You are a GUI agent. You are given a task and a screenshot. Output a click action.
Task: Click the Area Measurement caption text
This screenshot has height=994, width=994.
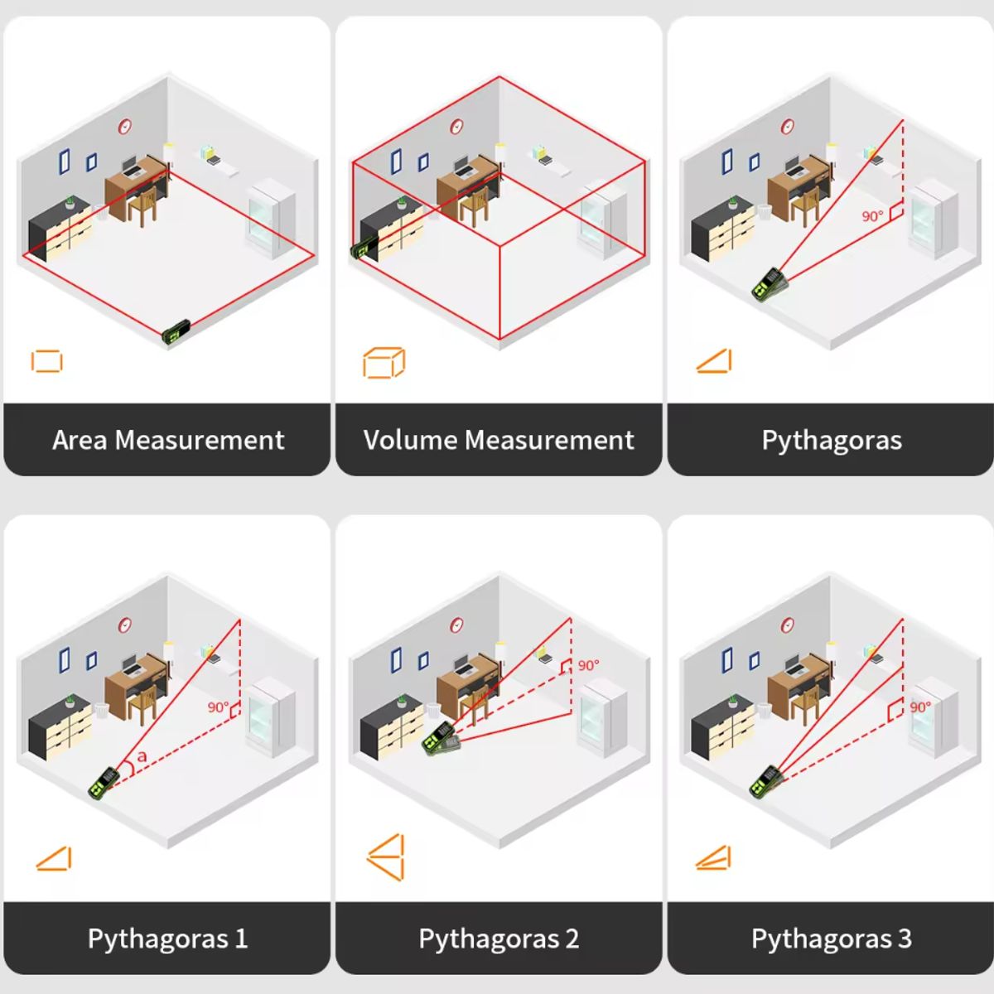pos(168,440)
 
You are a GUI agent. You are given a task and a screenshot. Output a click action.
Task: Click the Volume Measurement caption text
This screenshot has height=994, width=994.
pos(499,440)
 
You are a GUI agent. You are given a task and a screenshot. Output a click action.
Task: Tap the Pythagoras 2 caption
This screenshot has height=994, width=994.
pos(499,939)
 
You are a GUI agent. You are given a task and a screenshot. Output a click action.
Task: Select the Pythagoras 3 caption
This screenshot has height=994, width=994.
pos(831,939)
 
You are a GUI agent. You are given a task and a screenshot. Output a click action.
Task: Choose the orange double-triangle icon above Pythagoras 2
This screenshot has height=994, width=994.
pos(386,856)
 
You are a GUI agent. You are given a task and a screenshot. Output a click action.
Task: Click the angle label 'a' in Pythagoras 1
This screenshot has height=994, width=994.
pos(142,756)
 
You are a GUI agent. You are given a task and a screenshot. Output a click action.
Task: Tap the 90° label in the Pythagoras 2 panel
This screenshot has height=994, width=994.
pos(588,665)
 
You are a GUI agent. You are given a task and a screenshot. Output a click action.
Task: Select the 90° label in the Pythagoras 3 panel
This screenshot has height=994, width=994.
pos(921,707)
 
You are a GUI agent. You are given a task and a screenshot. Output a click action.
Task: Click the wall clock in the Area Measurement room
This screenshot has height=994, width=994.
pos(124,126)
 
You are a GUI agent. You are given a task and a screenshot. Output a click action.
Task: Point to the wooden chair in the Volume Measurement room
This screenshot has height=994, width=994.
pos(475,205)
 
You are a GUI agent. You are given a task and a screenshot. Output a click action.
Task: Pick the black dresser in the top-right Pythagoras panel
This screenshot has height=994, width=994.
pos(722,228)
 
